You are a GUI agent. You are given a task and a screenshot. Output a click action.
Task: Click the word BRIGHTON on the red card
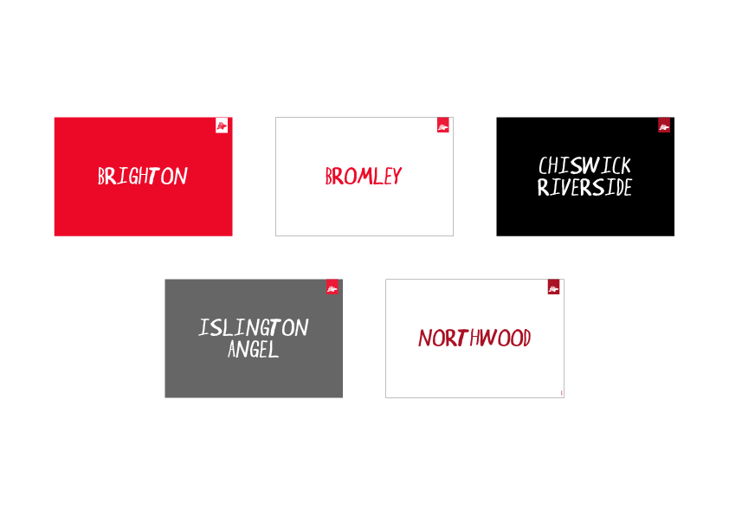(143, 177)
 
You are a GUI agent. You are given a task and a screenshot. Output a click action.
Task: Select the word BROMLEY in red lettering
(364, 177)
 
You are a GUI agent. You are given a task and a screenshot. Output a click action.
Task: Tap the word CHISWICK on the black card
(584, 165)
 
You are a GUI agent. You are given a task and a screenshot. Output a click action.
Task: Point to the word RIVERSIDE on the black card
(584, 187)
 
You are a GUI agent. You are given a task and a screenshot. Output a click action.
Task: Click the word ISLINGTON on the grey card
(254, 328)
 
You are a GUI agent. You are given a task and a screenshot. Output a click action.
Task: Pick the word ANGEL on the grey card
(254, 350)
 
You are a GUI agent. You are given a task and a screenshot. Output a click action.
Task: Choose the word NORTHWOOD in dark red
(474, 338)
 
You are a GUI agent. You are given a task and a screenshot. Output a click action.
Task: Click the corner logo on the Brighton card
(222, 126)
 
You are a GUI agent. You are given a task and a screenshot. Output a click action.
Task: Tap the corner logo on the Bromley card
(443, 126)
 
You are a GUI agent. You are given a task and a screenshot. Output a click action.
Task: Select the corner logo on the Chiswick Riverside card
(664, 126)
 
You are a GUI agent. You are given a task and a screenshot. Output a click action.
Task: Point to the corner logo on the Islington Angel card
(332, 288)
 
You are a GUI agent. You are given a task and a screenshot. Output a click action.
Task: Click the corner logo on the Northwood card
(553, 288)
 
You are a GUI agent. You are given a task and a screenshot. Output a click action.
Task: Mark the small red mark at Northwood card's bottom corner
(562, 393)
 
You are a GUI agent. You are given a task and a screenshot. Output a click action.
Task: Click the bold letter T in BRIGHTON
(152, 177)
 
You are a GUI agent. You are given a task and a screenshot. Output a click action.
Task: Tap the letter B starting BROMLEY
(330, 177)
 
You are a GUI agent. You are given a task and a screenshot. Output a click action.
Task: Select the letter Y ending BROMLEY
(397, 177)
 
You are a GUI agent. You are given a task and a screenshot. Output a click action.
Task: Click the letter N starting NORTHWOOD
(424, 338)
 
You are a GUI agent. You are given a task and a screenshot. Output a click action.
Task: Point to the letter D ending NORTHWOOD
(525, 338)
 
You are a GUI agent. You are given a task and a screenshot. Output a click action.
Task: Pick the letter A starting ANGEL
(233, 350)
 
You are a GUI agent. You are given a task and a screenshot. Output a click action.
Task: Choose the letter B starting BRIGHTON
(101, 177)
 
